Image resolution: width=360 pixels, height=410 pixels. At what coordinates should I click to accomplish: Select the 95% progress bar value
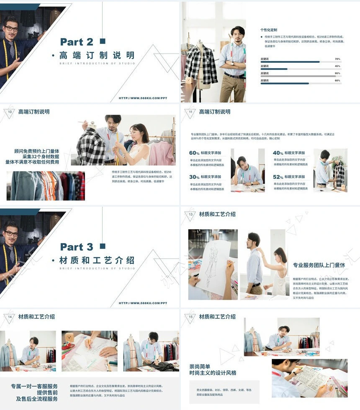[x=337, y=73]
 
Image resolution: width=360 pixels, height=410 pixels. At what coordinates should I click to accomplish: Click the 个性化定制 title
[x=269, y=30]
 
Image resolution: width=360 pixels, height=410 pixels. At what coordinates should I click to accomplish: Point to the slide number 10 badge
[x=10, y=112]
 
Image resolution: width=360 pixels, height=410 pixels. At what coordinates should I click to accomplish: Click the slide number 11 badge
[x=191, y=112]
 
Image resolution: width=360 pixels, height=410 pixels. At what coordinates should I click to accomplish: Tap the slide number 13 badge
[x=191, y=214]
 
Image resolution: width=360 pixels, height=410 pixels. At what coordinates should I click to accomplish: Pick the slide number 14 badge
[x=10, y=317]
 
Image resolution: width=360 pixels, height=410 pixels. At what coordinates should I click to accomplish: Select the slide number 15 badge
[x=191, y=317]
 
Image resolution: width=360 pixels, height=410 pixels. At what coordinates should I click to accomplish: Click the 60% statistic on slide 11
[x=195, y=153]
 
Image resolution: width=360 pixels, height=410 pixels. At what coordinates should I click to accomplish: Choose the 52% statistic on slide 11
[x=278, y=177]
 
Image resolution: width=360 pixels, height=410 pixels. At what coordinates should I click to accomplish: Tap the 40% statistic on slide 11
[x=278, y=153]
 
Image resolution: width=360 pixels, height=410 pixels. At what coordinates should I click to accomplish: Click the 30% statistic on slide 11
[x=195, y=177]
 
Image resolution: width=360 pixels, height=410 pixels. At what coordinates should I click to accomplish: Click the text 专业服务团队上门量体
[x=319, y=265]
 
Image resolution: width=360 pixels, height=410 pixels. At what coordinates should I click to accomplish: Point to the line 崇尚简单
[x=200, y=366]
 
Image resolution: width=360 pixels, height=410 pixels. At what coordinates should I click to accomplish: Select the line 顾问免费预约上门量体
[x=36, y=151]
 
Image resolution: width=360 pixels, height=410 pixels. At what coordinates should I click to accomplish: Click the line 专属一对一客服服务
[x=34, y=386]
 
